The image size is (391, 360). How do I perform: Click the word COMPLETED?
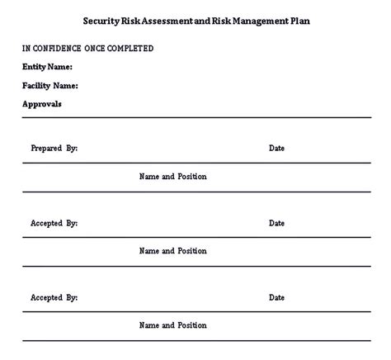[135, 49]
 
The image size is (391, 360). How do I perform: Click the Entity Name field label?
[47, 67]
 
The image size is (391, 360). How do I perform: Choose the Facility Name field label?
[50, 85]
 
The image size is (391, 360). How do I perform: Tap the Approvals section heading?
[41, 104]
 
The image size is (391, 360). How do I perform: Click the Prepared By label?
[54, 149]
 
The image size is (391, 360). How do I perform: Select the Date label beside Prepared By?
[276, 149]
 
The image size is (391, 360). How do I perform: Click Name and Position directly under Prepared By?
[173, 177]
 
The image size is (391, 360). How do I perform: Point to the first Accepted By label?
[54, 223]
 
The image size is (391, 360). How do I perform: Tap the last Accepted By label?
[54, 297]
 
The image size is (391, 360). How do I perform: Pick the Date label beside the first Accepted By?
[276, 223]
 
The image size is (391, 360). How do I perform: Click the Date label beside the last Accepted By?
[276, 297]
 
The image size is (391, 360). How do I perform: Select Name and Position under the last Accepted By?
[173, 325]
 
